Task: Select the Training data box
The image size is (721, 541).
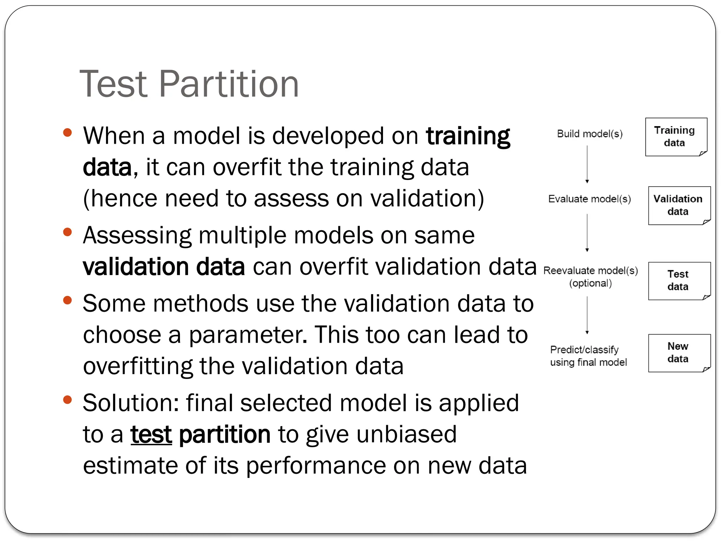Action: pyautogui.click(x=676, y=137)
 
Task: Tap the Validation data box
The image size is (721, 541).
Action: pyautogui.click(x=679, y=205)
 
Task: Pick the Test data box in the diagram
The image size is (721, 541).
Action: pyautogui.click(x=679, y=281)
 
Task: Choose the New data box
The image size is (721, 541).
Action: pyautogui.click(x=679, y=353)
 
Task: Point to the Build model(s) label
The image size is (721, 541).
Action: pyautogui.click(x=590, y=134)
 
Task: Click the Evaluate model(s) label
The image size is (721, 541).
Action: pyautogui.click(x=589, y=199)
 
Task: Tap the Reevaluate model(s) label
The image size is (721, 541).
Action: pyautogui.click(x=590, y=270)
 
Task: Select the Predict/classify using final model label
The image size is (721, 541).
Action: pyautogui.click(x=588, y=356)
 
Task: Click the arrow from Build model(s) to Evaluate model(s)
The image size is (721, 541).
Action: pyautogui.click(x=587, y=164)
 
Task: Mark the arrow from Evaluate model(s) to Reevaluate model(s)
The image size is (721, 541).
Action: pyautogui.click(x=587, y=232)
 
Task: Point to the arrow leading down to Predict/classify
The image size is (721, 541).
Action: pyautogui.click(x=587, y=315)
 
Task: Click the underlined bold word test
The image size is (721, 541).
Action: pyautogui.click(x=151, y=434)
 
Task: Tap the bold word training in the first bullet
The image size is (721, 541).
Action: pyautogui.click(x=468, y=136)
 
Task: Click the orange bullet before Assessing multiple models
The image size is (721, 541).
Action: pyautogui.click(x=67, y=232)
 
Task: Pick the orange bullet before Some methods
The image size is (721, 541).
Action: pyautogui.click(x=67, y=300)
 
